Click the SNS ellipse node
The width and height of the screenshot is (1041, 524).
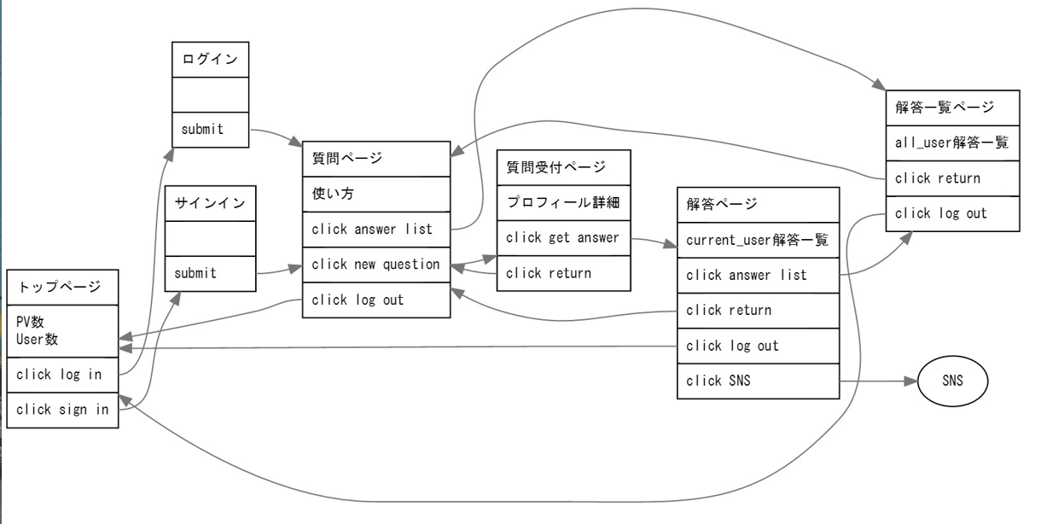click(952, 381)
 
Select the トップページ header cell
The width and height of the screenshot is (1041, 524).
click(62, 288)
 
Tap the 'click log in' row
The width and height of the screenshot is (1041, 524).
click(62, 374)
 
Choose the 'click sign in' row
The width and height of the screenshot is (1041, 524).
click(62, 410)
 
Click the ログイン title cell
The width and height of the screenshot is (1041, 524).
click(211, 58)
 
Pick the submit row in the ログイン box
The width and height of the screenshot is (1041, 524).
click(211, 129)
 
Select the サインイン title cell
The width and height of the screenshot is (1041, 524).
click(211, 203)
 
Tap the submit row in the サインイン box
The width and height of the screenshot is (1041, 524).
click(211, 273)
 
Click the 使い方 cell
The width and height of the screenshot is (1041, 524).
click(376, 194)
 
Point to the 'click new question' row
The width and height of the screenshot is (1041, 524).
click(376, 265)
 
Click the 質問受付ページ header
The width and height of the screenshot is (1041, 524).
click(564, 166)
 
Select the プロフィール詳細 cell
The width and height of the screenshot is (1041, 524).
click(564, 202)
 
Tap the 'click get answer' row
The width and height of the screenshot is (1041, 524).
click(564, 238)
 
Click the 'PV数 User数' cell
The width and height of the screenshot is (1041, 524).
click(62, 331)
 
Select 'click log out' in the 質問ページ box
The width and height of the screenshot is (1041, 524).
click(376, 300)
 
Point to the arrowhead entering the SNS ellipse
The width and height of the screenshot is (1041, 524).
click(911, 381)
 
